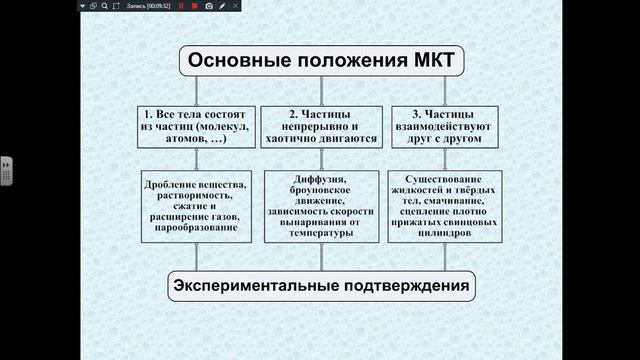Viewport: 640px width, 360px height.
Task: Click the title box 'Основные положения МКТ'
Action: [x=320, y=62]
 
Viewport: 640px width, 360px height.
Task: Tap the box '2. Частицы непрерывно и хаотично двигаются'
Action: [x=320, y=129]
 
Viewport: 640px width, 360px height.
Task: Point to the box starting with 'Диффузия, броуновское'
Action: [x=320, y=206]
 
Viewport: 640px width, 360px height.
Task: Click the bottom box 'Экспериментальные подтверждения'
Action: [x=320, y=287]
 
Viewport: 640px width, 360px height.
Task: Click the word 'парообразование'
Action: [x=197, y=228]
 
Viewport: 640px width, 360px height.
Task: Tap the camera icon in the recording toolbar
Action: [x=208, y=6]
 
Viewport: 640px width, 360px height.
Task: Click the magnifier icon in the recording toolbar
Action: [x=104, y=6]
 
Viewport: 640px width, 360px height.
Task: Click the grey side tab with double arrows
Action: [x=5, y=169]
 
